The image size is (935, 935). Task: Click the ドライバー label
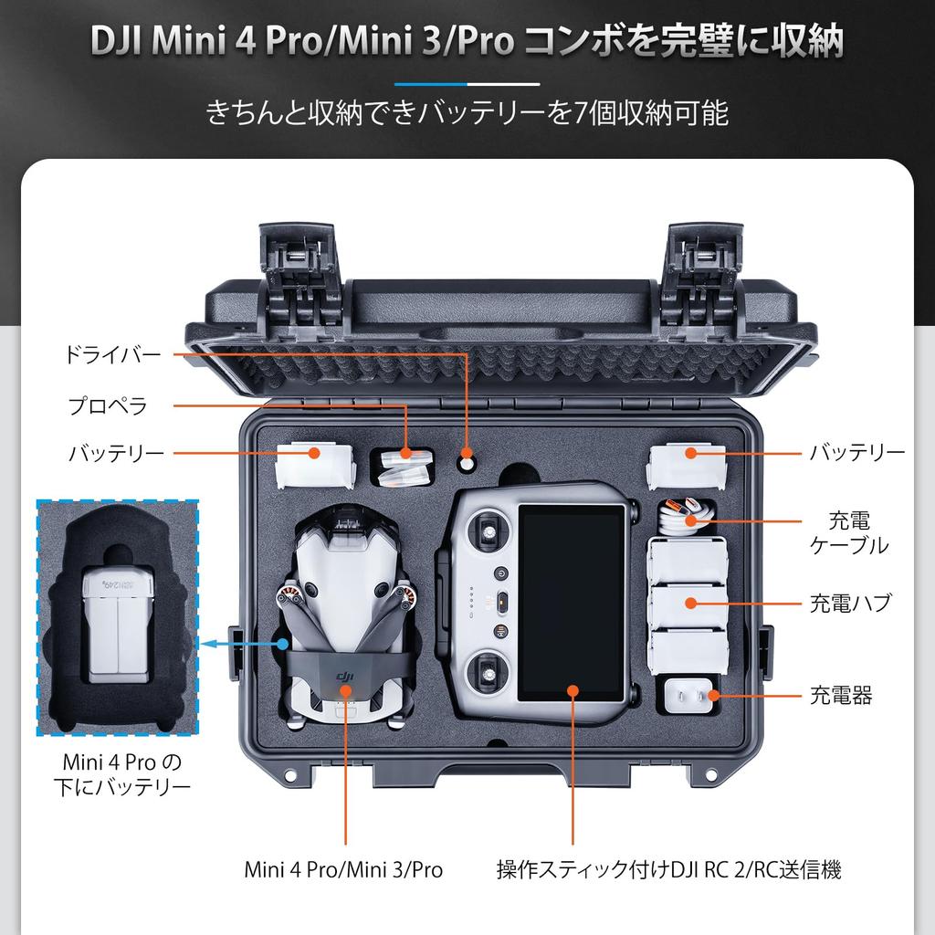(112, 355)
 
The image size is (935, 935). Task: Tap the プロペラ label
(108, 405)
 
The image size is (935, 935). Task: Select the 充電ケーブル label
(849, 533)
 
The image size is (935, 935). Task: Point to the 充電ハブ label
(850, 604)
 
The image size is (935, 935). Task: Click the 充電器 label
(841, 697)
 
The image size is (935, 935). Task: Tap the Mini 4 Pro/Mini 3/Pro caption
(343, 869)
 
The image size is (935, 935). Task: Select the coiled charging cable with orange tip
(687, 515)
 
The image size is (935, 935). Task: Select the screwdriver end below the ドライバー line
(467, 462)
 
